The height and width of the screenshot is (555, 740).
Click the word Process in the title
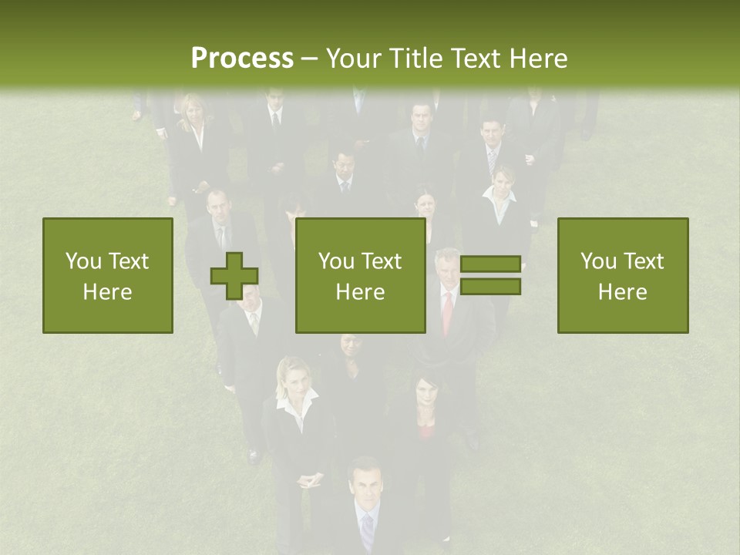point(242,59)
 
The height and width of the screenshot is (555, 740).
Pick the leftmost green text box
point(108,275)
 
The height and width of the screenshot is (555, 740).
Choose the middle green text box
point(360,275)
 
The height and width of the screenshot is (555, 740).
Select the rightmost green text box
point(623,275)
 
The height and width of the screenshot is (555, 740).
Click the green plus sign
point(234,275)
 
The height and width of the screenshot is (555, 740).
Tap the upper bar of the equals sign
point(490,264)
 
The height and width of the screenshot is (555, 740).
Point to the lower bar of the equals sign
point(490,287)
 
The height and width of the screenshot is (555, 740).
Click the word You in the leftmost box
point(83,261)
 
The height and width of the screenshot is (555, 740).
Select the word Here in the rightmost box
point(623,292)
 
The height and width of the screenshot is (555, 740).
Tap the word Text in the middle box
point(382,261)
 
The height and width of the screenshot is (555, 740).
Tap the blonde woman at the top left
point(192,127)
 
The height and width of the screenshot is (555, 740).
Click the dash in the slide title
point(309,59)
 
